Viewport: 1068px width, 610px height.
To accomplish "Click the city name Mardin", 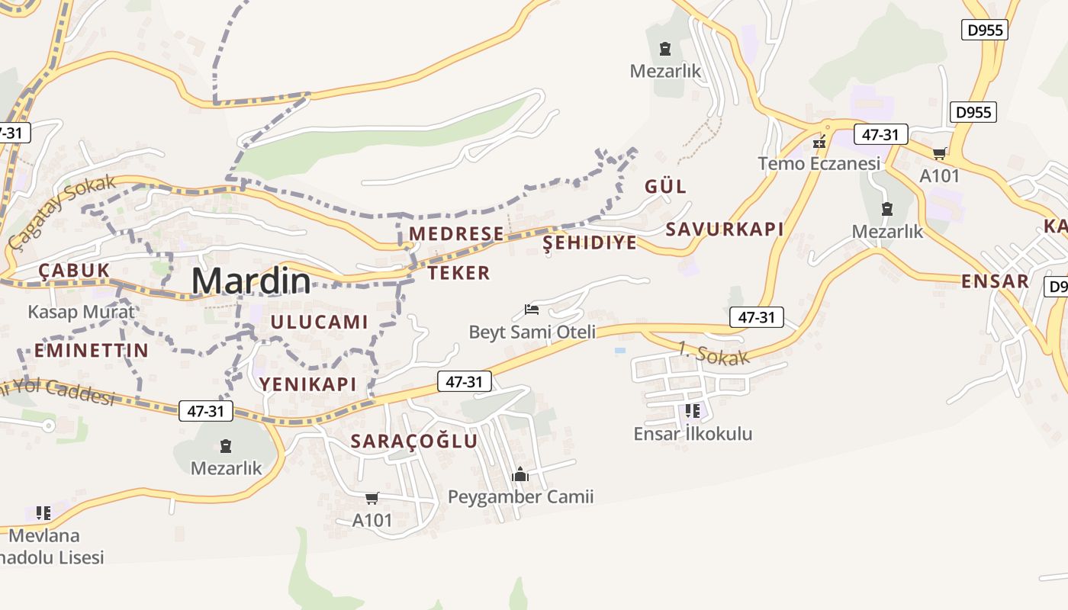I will click(251, 281).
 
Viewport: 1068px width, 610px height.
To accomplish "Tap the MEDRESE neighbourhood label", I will click(456, 233).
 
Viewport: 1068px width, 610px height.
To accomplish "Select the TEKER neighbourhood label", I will click(458, 273).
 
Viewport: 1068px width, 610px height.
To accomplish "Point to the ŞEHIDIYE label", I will click(589, 243).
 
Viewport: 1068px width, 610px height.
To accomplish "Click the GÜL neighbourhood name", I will click(665, 186).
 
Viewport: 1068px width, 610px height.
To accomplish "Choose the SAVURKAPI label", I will click(725, 229).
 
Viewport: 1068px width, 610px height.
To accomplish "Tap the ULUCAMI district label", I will click(319, 322).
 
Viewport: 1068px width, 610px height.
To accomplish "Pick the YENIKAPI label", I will click(307, 384).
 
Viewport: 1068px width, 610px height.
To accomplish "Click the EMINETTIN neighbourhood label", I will click(91, 351).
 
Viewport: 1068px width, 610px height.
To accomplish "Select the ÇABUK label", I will click(74, 271).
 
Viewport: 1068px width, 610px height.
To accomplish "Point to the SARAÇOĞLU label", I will click(414, 441).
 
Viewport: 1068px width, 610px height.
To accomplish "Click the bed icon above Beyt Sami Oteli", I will click(532, 310).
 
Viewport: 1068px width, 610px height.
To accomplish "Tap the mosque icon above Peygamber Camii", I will click(520, 474).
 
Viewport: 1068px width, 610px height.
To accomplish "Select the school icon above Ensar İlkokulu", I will click(692, 411).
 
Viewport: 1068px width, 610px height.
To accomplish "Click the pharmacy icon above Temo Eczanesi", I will click(819, 142).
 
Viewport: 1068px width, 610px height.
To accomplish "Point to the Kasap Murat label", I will click(81, 311).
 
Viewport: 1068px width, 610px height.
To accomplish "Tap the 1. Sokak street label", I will click(713, 353).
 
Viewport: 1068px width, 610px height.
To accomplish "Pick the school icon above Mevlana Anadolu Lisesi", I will click(43, 512).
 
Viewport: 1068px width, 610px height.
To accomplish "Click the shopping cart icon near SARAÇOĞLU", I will click(372, 498).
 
